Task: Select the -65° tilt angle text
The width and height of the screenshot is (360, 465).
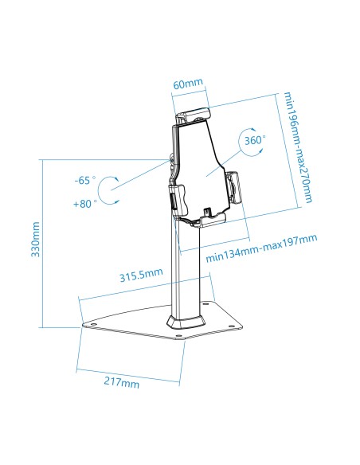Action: tap(84, 181)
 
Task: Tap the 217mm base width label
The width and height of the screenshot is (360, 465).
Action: tap(122, 383)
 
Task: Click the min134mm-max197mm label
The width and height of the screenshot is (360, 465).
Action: tap(261, 248)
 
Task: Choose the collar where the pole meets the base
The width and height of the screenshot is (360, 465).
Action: tap(185, 320)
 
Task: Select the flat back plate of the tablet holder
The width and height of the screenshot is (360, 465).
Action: tap(199, 163)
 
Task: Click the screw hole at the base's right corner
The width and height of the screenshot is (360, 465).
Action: tap(231, 325)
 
